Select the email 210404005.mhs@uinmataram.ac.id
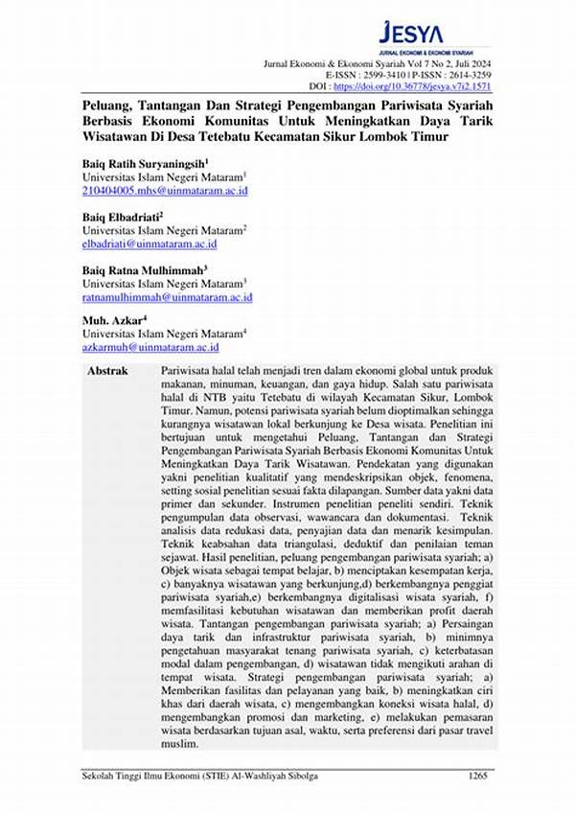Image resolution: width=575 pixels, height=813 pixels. [x=165, y=192]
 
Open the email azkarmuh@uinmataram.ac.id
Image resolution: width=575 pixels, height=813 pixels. [x=151, y=346]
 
